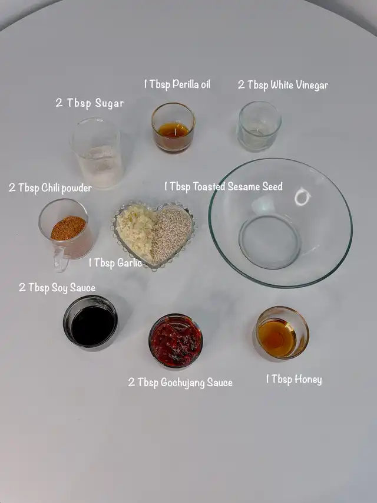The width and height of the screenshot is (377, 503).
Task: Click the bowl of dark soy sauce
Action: (x=90, y=322)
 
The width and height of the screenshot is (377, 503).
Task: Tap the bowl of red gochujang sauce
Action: (x=176, y=341)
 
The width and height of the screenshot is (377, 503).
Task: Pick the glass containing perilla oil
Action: (x=173, y=127)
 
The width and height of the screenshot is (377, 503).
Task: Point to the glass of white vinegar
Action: (x=259, y=126)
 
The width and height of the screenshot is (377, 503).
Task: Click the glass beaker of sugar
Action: (x=97, y=153)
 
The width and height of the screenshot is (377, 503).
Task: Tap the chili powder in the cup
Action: (x=68, y=228)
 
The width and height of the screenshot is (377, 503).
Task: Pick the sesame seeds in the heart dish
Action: (x=171, y=234)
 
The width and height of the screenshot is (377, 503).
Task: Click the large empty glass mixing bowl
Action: (x=280, y=223)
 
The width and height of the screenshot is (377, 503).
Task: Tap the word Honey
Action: (x=307, y=380)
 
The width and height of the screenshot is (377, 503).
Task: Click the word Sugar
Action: (x=109, y=104)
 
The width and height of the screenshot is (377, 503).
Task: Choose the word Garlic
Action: (x=130, y=263)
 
